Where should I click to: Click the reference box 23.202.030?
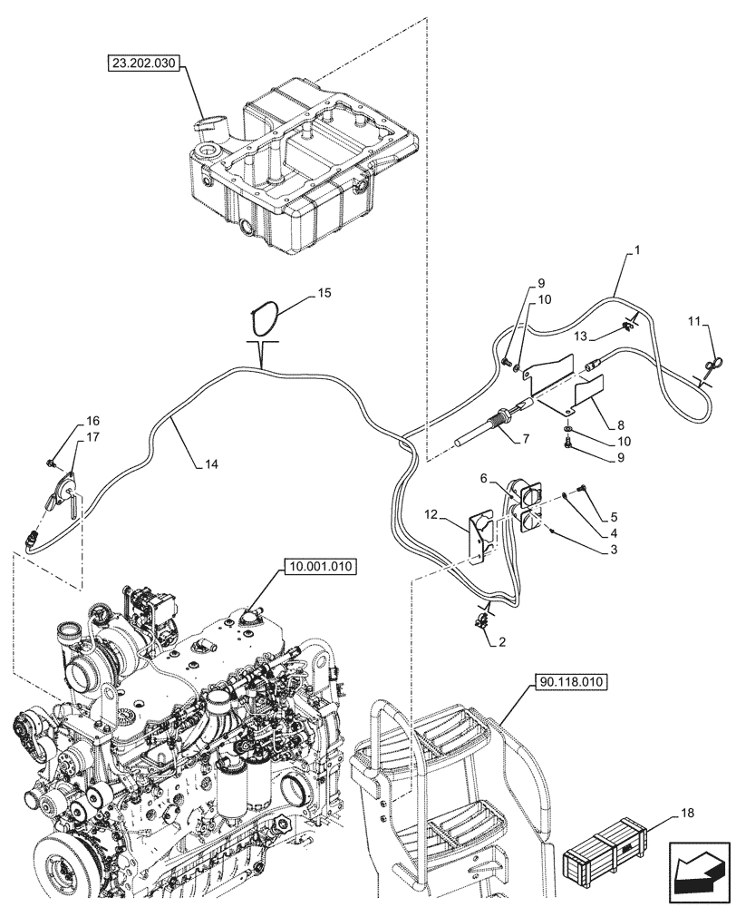(145, 63)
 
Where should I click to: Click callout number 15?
(324, 294)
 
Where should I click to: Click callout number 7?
(524, 439)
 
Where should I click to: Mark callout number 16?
(93, 422)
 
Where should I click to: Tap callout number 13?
(588, 336)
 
